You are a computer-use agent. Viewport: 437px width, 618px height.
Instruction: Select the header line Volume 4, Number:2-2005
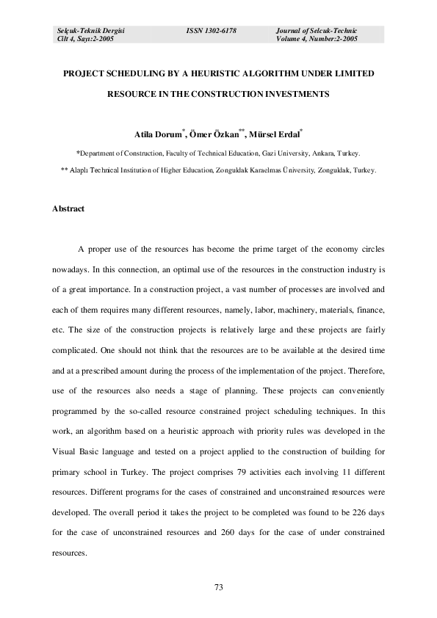pyautogui.click(x=317, y=38)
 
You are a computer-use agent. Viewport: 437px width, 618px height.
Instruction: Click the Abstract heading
pyautogui.click(x=68, y=208)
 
